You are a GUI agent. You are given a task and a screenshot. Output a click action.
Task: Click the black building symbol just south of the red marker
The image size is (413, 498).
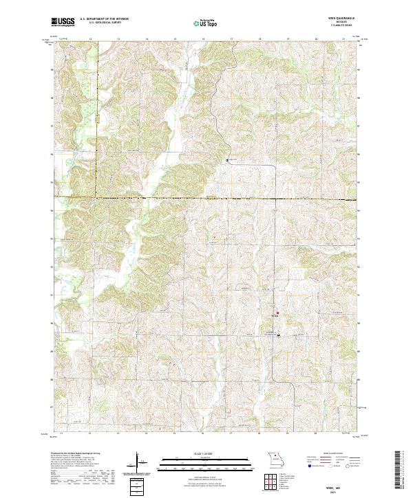(278, 335)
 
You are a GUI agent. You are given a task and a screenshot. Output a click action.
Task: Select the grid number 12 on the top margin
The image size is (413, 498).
(90, 39)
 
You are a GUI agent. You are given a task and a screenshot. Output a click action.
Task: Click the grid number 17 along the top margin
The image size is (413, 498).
(231, 39)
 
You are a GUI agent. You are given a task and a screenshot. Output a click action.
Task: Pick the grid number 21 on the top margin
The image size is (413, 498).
(343, 39)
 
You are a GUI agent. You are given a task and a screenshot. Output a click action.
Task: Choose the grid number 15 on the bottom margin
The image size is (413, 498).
(175, 434)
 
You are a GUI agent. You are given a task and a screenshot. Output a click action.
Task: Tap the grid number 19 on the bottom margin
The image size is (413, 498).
(287, 434)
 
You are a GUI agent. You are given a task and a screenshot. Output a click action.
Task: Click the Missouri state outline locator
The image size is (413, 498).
(275, 458)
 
